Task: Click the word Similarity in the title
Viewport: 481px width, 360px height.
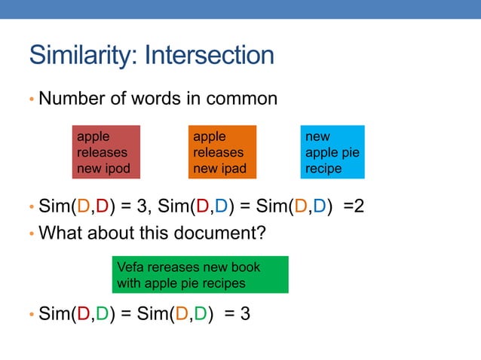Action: click(x=81, y=56)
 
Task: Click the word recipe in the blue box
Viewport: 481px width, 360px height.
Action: click(x=323, y=168)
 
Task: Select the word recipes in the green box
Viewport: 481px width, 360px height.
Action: click(x=221, y=284)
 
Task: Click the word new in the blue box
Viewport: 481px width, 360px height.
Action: click(x=317, y=137)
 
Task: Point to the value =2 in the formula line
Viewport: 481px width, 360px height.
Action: click(x=354, y=206)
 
